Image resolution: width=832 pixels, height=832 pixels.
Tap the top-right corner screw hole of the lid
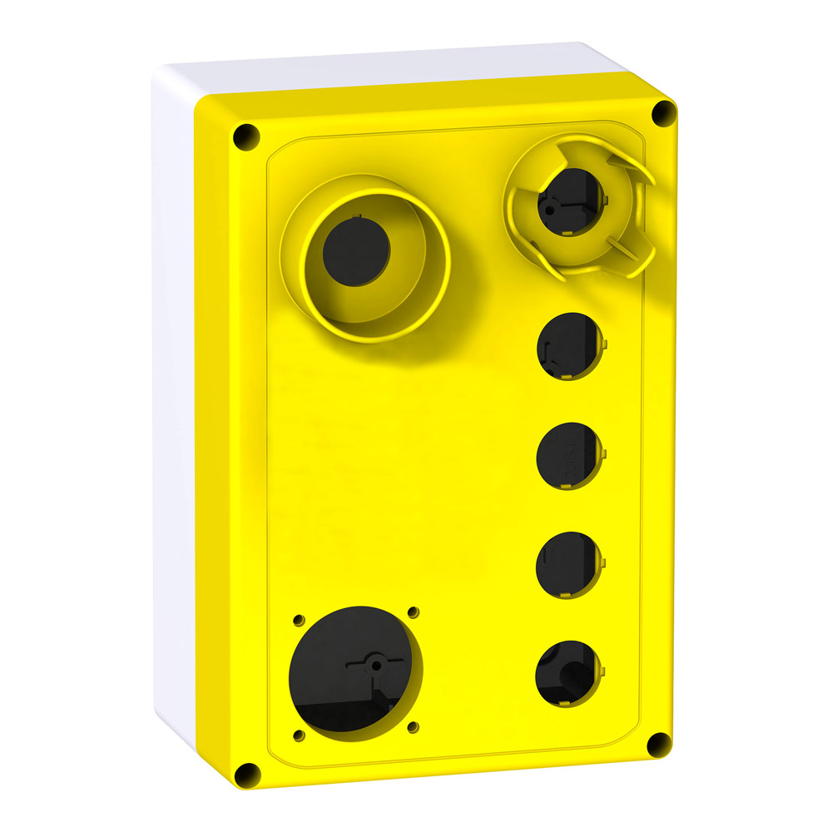(662, 113)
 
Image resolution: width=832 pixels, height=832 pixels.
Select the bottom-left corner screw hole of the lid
(247, 775)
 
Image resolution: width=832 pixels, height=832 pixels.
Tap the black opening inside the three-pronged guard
(568, 201)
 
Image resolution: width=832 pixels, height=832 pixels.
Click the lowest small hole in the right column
(567, 674)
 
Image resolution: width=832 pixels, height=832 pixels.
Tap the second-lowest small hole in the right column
(567, 564)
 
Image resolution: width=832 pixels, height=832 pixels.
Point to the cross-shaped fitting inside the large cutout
(375, 664)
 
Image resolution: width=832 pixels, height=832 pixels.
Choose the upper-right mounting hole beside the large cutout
(413, 614)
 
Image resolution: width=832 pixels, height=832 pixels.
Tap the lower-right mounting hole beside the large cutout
(412, 726)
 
